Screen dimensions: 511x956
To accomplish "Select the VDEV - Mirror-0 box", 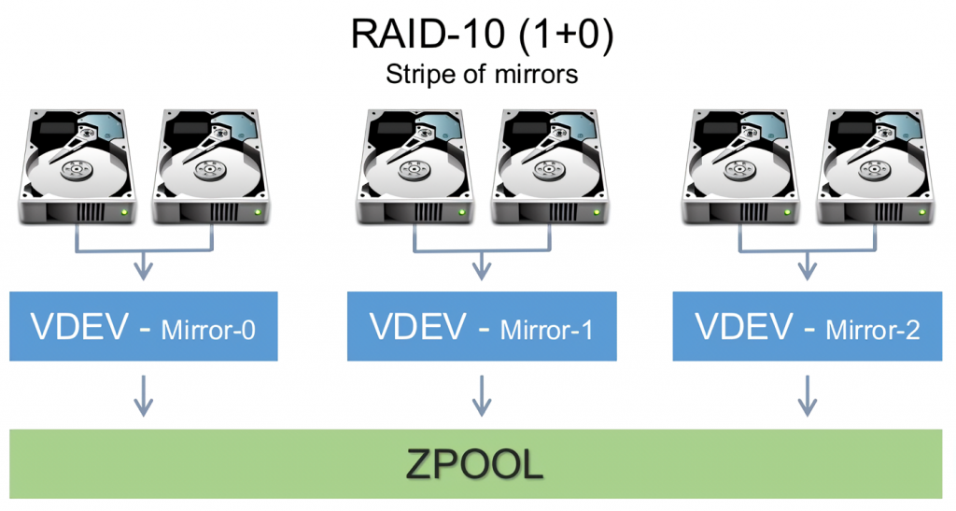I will tap(143, 326).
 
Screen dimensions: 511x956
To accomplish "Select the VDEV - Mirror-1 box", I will tap(481, 326).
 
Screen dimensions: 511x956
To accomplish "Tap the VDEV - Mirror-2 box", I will tap(807, 326).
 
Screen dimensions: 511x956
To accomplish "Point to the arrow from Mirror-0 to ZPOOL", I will tap(143, 395).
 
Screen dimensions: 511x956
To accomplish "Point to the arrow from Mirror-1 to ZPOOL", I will tap(481, 395).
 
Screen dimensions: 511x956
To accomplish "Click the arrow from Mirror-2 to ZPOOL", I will tap(807, 395).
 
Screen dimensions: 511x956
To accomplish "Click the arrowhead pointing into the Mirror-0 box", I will tap(143, 272).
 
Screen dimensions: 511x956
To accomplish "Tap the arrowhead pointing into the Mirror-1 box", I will tap(481, 272).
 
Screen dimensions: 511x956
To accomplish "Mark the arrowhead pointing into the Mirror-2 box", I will tap(807, 272).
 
